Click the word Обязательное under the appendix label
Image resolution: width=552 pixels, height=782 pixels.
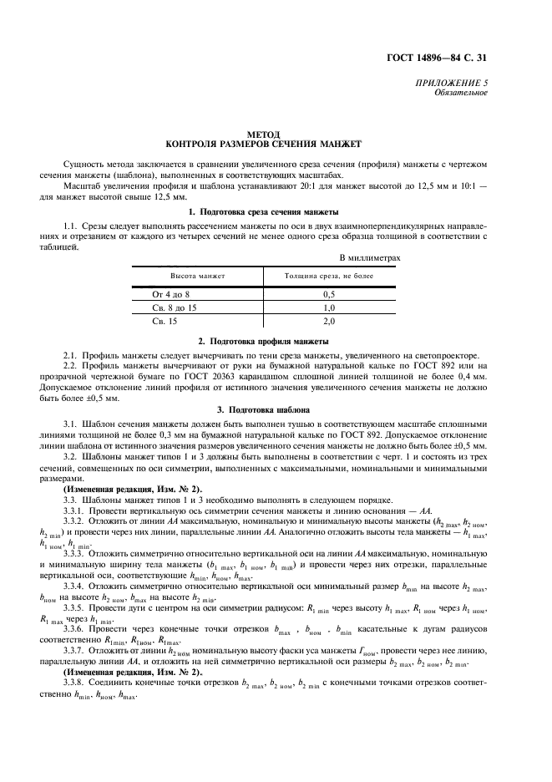[461, 93]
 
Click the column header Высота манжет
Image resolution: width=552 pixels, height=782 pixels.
[198, 275]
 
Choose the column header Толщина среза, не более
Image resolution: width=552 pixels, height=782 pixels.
[329, 275]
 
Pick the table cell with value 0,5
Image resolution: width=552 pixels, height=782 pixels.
[329, 295]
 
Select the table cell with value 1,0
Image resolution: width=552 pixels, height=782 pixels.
[329, 307]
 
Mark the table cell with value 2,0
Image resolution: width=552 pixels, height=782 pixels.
[329, 320]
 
